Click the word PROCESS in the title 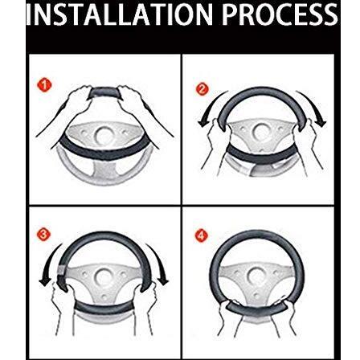click(280, 14)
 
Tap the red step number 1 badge click(44, 85)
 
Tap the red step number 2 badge click(202, 89)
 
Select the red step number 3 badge click(43, 235)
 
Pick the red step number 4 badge click(202, 235)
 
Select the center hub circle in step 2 click(260, 132)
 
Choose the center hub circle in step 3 click(104, 277)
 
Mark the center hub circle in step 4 click(256, 276)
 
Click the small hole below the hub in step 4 click(256, 296)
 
